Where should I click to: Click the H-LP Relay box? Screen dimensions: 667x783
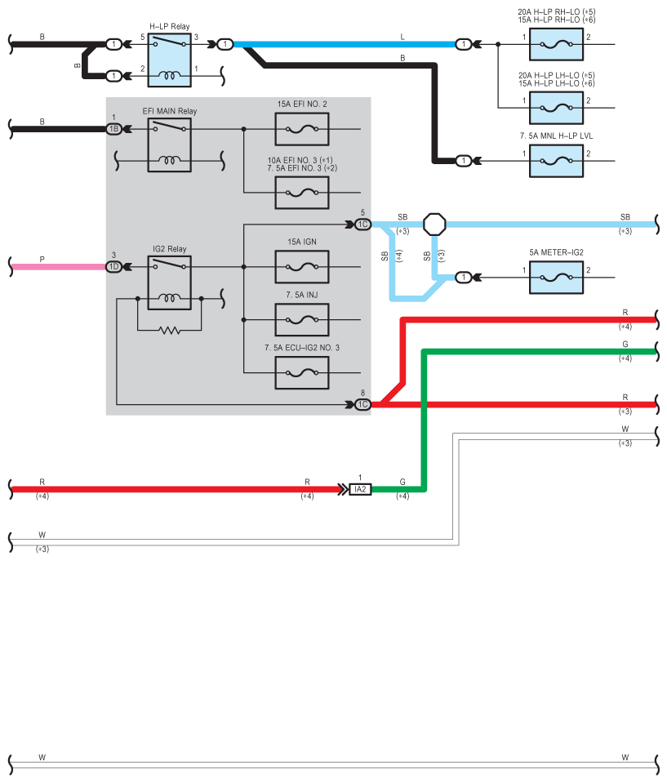click(x=169, y=60)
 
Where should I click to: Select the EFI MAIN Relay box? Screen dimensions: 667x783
click(x=169, y=145)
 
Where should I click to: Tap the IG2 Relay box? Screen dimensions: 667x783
click(x=169, y=283)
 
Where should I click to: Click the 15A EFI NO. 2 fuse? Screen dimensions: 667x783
click(x=302, y=129)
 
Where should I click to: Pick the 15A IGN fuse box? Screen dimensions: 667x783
click(x=302, y=267)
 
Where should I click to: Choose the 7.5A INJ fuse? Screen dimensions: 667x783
click(x=302, y=320)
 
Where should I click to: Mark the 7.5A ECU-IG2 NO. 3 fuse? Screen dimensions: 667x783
click(x=302, y=373)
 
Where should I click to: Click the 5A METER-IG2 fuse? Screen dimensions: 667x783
click(x=556, y=277)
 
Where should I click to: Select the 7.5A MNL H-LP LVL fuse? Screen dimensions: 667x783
click(x=556, y=161)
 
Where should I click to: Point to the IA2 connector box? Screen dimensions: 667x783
click(x=360, y=489)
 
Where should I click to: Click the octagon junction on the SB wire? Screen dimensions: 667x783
click(x=434, y=225)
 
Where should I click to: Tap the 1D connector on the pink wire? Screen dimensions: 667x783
click(x=113, y=267)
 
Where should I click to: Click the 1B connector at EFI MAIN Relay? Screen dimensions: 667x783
click(x=113, y=129)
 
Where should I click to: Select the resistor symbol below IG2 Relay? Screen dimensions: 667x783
click(x=170, y=330)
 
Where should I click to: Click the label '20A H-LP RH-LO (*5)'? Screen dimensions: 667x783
click(x=557, y=11)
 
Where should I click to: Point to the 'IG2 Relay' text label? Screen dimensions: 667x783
click(x=170, y=249)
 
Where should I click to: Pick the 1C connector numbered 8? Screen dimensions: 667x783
click(x=363, y=404)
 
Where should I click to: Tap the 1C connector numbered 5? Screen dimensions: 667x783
click(x=363, y=225)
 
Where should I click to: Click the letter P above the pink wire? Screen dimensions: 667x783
click(x=42, y=259)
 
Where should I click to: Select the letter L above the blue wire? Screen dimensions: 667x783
click(x=402, y=37)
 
